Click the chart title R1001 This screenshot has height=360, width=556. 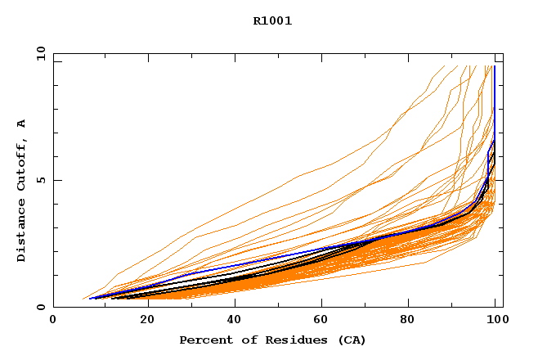[x=272, y=21]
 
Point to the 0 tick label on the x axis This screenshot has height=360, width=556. [x=53, y=321]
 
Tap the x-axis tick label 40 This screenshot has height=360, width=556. [x=235, y=321]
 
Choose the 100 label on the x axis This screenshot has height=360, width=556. [x=495, y=321]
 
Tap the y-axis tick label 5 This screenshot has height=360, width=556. [x=41, y=180]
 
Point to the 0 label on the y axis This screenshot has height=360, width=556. [x=41, y=307]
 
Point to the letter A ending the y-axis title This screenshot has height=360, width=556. [x=22, y=124]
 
